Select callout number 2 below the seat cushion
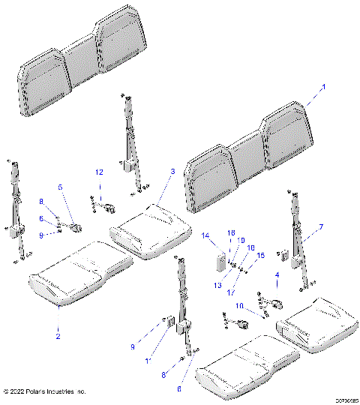click(x=58, y=336)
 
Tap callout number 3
click(x=172, y=172)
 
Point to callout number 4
click(x=277, y=276)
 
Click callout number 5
click(x=61, y=187)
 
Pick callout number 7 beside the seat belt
click(x=321, y=226)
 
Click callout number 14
click(x=205, y=235)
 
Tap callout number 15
click(x=260, y=256)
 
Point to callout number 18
click(x=231, y=232)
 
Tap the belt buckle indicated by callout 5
click(x=74, y=223)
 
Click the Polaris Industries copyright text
click(x=45, y=391)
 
